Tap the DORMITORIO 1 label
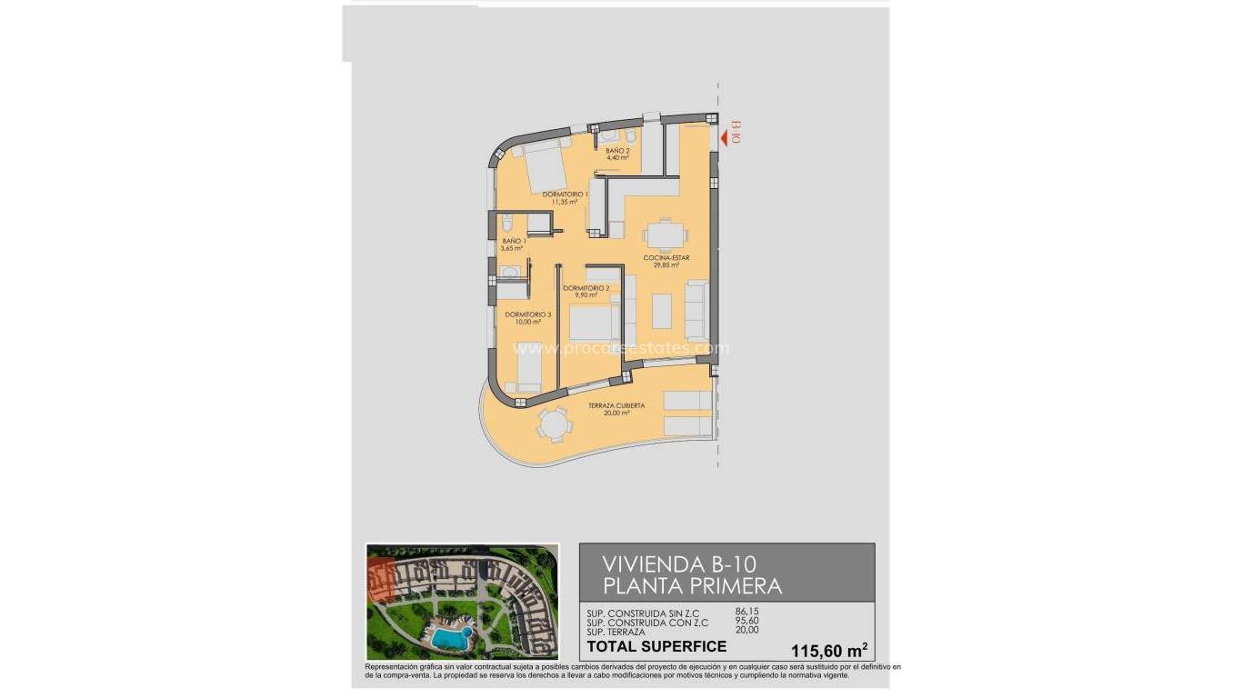565,194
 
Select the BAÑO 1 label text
514,242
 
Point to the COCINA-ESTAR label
666,258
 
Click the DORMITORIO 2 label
580,289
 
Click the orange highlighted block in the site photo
381,580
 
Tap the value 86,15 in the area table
746,611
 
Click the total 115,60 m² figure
829,650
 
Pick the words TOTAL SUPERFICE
656,647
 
